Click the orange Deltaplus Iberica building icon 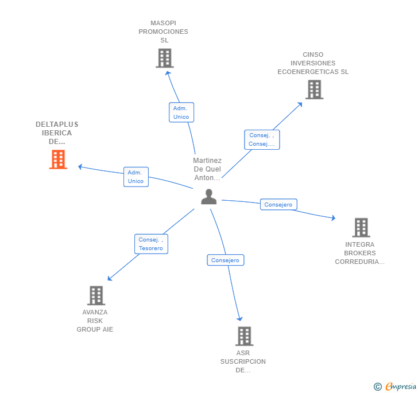click(58, 159)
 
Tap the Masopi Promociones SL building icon click(164, 58)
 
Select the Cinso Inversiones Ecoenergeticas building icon click(313, 90)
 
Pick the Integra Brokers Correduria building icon click(361, 227)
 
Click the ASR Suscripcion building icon click(244, 336)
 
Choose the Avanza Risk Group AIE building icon click(96, 295)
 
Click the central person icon click(209, 197)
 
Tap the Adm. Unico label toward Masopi click(181, 112)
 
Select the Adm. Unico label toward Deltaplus click(136, 177)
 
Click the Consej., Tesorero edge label click(150, 244)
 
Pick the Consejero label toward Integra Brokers click(278, 204)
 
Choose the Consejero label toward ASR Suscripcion click(225, 260)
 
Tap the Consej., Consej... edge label click(261, 139)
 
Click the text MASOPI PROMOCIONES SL click(164, 32)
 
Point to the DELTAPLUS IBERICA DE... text click(57, 133)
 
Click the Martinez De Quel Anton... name click(207, 169)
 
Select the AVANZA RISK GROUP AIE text click(95, 321)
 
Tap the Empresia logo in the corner click(396, 386)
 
